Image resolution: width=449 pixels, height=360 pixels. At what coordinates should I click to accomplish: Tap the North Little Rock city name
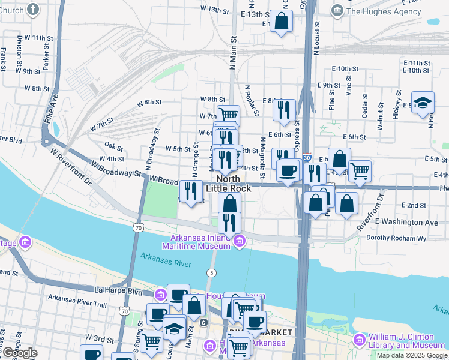click(228, 184)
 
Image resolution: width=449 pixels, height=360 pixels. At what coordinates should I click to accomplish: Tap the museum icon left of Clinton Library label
click(360, 340)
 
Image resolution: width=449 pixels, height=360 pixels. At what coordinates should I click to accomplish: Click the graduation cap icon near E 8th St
click(423, 101)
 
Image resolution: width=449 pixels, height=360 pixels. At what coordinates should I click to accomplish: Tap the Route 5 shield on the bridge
click(211, 273)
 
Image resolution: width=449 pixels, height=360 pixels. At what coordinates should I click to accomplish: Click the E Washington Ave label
click(406, 222)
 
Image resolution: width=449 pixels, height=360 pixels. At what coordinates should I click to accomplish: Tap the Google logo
click(20, 353)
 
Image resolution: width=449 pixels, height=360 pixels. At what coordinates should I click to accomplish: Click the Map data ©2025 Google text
click(412, 355)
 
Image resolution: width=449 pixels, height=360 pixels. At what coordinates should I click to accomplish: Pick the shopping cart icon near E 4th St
click(360, 171)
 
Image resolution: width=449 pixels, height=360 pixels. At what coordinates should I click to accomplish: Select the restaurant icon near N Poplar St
click(284, 110)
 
